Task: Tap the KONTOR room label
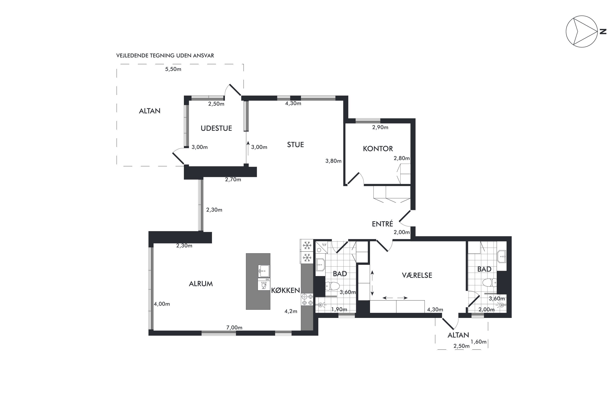(378, 149)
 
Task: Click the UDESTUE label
(216, 128)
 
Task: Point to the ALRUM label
(201, 284)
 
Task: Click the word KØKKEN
(285, 290)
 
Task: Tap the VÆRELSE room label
(417, 275)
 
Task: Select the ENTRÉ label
(383, 224)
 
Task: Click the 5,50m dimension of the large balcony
(173, 69)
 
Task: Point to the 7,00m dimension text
(234, 328)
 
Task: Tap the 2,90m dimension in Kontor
(380, 127)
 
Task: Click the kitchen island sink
(264, 271)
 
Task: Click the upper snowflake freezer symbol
(307, 245)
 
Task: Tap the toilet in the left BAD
(332, 286)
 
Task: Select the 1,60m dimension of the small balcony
(478, 342)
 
